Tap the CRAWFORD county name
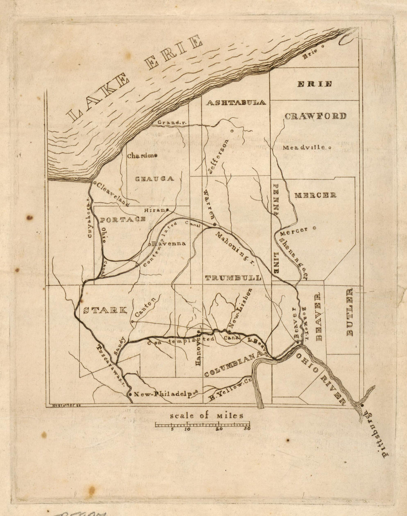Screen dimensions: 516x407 point(315,116)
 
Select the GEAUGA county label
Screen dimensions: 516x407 point(154,179)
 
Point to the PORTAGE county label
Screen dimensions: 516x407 point(122,220)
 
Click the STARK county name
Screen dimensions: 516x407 point(105,310)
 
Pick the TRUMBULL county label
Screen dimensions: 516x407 point(233,278)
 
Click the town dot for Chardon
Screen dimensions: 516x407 point(156,156)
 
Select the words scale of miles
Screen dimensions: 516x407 point(206,415)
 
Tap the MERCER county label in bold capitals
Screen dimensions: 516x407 point(315,195)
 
